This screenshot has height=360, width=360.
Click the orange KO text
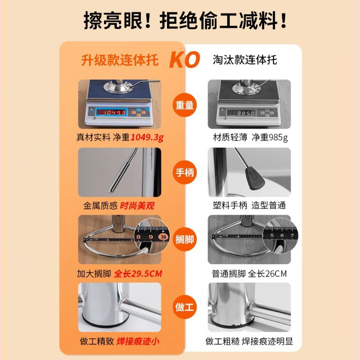(184, 60)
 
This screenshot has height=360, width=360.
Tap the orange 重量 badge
(184, 105)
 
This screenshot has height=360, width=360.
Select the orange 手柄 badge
(184, 172)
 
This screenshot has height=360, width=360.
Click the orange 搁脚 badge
(184, 239)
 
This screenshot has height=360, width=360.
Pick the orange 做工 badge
(184, 307)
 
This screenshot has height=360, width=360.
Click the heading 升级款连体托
(120, 60)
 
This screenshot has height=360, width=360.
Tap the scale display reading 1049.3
(111, 112)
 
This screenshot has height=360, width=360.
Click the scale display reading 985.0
(241, 113)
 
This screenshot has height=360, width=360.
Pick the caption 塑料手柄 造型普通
(249, 206)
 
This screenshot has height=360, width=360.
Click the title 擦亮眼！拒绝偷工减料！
(180, 20)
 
